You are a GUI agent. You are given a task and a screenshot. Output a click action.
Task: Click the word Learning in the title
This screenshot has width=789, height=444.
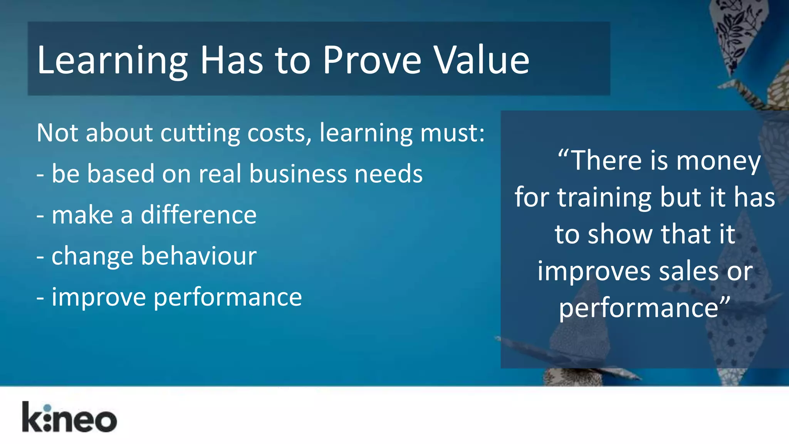click(x=112, y=61)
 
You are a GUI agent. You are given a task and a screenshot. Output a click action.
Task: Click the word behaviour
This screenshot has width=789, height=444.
click(x=198, y=256)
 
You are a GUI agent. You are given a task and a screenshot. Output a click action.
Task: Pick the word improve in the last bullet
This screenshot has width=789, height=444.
click(x=99, y=298)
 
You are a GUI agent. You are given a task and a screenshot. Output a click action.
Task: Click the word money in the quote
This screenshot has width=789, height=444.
click(x=718, y=161)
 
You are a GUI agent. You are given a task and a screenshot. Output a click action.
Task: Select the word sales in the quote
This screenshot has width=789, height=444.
click(x=688, y=271)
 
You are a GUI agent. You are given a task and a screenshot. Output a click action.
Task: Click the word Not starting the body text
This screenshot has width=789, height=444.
click(x=57, y=133)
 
